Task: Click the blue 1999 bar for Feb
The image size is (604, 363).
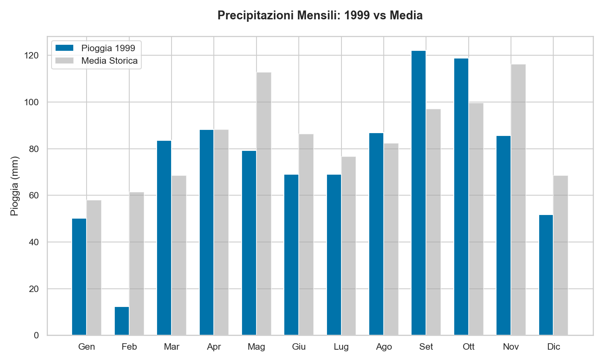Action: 122,321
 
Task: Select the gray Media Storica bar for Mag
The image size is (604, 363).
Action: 264,204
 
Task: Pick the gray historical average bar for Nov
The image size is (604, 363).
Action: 518,200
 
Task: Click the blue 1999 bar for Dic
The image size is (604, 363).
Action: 546,275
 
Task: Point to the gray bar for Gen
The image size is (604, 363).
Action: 94,267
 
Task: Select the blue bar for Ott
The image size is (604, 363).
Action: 461,197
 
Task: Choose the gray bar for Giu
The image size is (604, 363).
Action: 306,234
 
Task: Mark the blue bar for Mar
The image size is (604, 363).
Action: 164,238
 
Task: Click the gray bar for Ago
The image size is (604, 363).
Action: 391,239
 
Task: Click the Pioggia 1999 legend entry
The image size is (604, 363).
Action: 108,48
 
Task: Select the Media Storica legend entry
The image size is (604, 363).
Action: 109,61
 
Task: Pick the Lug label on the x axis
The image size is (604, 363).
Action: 341,347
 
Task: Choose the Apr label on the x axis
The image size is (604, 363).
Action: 214,347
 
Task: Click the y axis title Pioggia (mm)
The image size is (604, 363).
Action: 14,186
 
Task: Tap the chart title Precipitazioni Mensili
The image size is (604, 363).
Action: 320,15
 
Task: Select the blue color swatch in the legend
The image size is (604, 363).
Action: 64,48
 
